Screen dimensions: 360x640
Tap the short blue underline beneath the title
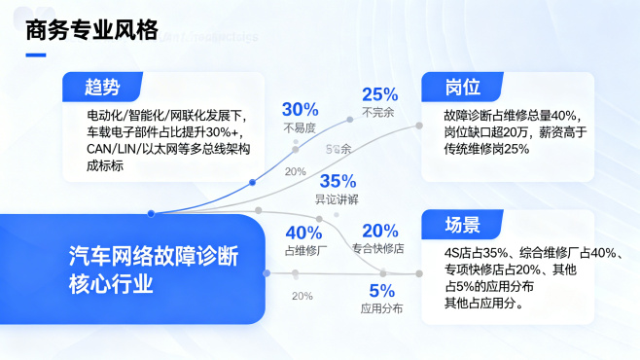tap(36, 54)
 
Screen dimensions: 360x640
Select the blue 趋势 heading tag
tap(102, 88)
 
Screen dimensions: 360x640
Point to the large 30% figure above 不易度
tap(300, 109)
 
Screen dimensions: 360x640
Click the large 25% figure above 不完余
tap(379, 94)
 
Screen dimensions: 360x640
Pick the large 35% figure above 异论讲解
tap(338, 181)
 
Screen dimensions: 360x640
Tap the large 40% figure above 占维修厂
tap(302, 233)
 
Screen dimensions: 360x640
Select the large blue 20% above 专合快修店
tap(379, 231)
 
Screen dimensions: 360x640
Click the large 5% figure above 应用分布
tap(381, 290)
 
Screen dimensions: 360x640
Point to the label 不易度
tap(300, 127)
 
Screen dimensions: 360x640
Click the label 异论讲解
tap(337, 199)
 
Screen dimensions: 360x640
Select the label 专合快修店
tap(377, 248)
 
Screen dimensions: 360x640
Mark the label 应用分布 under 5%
tap(381, 308)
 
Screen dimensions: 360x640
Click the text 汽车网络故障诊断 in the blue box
tap(153, 256)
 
